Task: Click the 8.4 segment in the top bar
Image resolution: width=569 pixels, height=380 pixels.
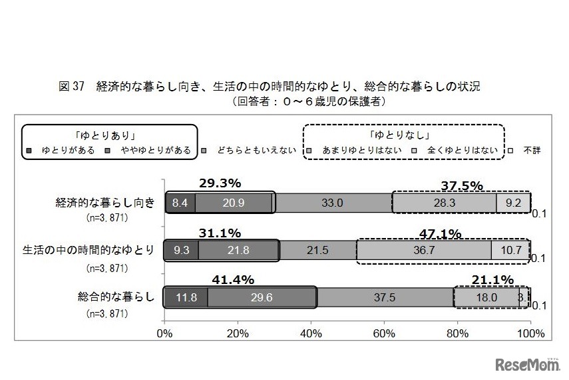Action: click(180, 203)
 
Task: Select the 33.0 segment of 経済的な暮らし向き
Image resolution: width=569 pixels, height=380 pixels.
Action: click(333, 203)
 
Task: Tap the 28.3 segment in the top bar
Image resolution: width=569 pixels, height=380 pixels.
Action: click(444, 203)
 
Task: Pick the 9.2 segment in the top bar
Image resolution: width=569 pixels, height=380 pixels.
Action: click(512, 203)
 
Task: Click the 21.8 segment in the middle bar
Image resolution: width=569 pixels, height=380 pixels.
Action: click(238, 250)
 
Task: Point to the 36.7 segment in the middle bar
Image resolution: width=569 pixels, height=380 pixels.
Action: click(423, 250)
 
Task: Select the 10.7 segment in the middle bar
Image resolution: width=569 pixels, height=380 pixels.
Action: click(510, 250)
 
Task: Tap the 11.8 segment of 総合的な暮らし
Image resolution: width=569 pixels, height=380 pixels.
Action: click(186, 297)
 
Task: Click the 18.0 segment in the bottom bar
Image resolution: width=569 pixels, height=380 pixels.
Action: click(485, 297)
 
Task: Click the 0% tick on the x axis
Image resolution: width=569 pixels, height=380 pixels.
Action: click(164, 331)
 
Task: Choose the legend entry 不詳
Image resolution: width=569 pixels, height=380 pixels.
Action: click(530, 150)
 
